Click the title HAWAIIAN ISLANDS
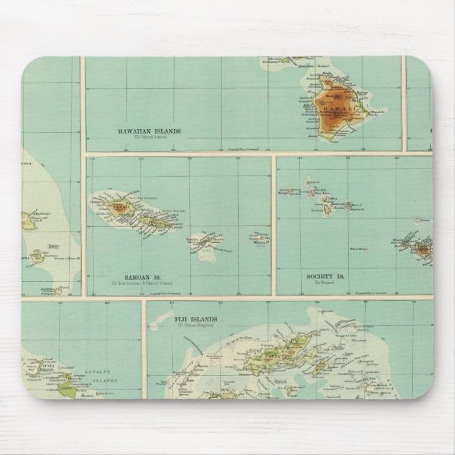(150, 131)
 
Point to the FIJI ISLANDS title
(196, 320)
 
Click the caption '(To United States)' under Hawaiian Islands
(150, 138)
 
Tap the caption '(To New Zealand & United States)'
(143, 285)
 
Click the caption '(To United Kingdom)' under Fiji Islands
(196, 326)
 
